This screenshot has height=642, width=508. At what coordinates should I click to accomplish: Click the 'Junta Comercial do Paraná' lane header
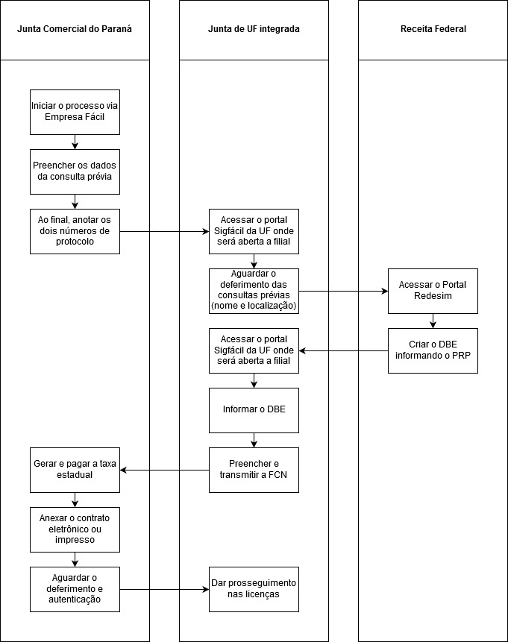click(75, 29)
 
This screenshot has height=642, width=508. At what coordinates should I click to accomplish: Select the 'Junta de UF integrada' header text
click(254, 29)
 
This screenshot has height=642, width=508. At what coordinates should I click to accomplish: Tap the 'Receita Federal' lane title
click(433, 29)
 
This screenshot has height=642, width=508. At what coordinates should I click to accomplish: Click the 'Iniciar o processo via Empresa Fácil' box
click(75, 112)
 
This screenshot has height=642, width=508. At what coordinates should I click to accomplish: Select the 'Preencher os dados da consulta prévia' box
click(75, 172)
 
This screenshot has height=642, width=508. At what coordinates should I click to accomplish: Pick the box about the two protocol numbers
click(75, 231)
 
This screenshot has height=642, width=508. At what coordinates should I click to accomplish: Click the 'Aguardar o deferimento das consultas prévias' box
click(254, 291)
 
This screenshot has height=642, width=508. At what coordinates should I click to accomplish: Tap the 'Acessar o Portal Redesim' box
click(433, 291)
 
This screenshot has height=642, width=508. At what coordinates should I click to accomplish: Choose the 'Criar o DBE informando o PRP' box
click(433, 351)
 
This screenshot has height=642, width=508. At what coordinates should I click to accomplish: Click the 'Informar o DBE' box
click(254, 410)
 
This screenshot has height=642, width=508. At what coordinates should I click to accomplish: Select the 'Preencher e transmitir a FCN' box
click(254, 470)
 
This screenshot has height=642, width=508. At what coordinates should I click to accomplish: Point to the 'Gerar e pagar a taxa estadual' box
click(75, 470)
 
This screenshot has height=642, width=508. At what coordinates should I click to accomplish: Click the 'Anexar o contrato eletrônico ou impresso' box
click(75, 530)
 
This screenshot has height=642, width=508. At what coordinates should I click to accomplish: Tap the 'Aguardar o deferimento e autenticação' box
click(75, 589)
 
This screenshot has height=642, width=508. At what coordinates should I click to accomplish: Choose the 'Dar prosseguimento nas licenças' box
click(254, 589)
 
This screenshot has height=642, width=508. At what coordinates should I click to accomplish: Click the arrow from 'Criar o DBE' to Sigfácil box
click(343, 351)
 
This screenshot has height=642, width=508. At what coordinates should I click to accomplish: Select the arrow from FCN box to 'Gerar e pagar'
click(164, 470)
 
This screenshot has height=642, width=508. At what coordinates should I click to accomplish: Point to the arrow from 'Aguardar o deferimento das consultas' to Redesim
click(343, 291)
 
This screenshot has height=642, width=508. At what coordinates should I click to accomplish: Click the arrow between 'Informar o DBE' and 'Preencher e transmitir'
click(254, 440)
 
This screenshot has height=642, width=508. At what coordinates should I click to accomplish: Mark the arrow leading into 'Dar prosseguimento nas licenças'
click(164, 589)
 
